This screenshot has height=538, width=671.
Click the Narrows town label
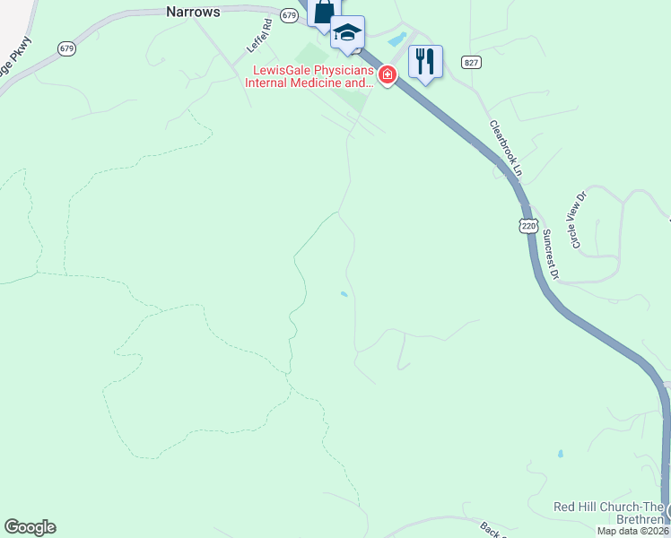click(x=193, y=12)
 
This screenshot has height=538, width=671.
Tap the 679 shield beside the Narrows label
click(x=288, y=15)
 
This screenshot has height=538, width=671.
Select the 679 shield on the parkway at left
click(x=67, y=48)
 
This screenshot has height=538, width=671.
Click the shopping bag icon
click(x=322, y=13)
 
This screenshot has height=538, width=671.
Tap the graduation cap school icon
click(x=347, y=34)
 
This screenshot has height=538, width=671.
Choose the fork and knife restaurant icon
click(x=425, y=61)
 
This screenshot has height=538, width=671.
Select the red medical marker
click(x=387, y=74)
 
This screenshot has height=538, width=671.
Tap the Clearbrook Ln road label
click(x=506, y=147)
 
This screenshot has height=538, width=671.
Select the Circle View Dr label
click(x=576, y=219)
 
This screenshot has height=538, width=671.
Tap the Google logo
click(x=30, y=527)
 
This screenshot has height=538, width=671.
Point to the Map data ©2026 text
click(x=633, y=530)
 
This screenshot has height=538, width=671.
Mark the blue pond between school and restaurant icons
click(x=396, y=40)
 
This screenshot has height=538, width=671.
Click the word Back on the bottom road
click(x=488, y=529)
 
